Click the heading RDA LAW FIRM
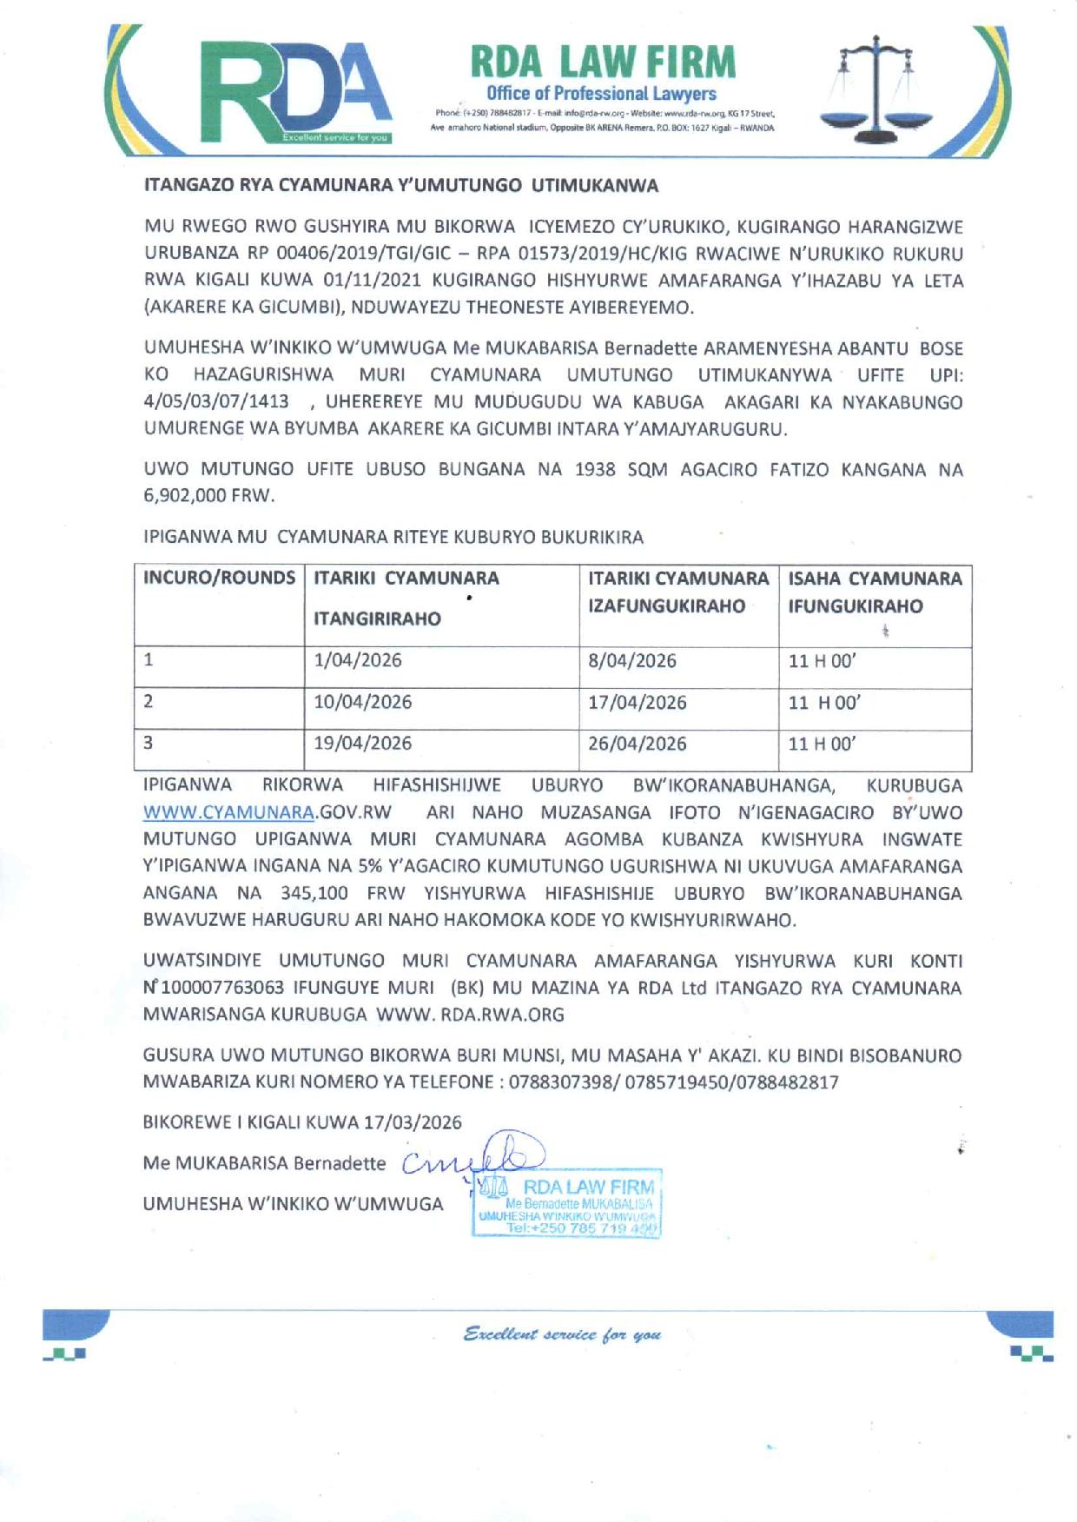click(602, 62)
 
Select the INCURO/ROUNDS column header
click(219, 578)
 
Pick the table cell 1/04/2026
click(358, 660)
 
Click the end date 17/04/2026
click(637, 702)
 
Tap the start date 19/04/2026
click(362, 744)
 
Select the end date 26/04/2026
click(637, 744)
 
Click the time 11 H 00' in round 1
click(822, 661)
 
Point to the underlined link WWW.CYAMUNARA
click(228, 813)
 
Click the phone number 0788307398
click(562, 1082)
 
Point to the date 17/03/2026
click(413, 1122)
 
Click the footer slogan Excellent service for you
click(562, 1333)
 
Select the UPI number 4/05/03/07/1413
click(215, 402)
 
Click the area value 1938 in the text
click(596, 470)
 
